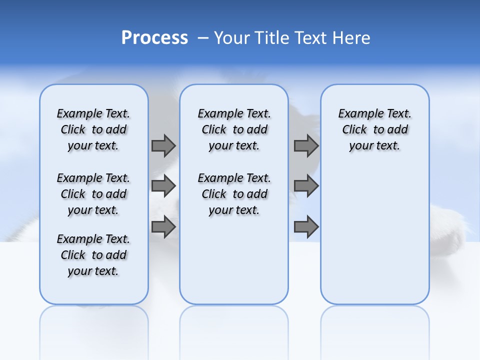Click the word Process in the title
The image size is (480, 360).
(154, 38)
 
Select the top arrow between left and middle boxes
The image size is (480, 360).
(163, 145)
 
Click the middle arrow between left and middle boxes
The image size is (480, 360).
(163, 186)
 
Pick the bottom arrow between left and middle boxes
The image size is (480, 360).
(163, 227)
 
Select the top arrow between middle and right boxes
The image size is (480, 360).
(306, 145)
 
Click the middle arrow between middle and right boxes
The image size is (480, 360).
(306, 186)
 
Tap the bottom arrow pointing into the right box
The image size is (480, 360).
(306, 227)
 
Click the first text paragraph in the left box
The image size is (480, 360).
(93, 129)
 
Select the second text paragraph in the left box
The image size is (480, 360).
(93, 194)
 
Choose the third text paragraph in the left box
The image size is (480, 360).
(93, 255)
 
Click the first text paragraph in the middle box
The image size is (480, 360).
(234, 129)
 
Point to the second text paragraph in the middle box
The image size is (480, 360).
(234, 194)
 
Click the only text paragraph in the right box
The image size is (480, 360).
(375, 129)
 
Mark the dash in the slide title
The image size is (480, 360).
(202, 38)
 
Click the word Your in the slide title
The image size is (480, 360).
(231, 38)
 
